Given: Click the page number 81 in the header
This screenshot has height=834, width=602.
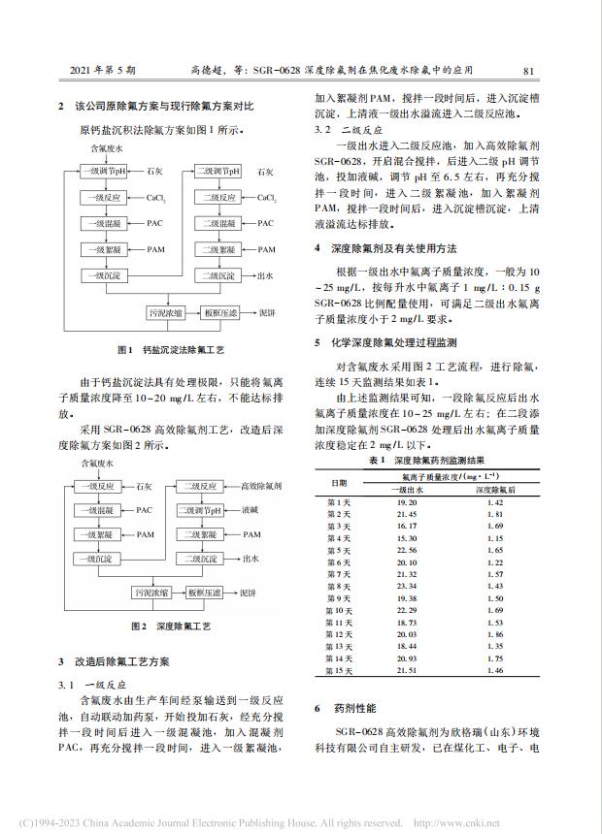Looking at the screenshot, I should [529, 71].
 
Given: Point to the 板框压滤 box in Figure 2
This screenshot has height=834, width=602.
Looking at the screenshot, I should [222, 591].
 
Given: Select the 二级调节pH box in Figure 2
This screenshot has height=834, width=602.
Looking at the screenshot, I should [200, 509].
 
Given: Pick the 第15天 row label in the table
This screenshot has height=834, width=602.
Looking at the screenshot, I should [338, 670].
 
